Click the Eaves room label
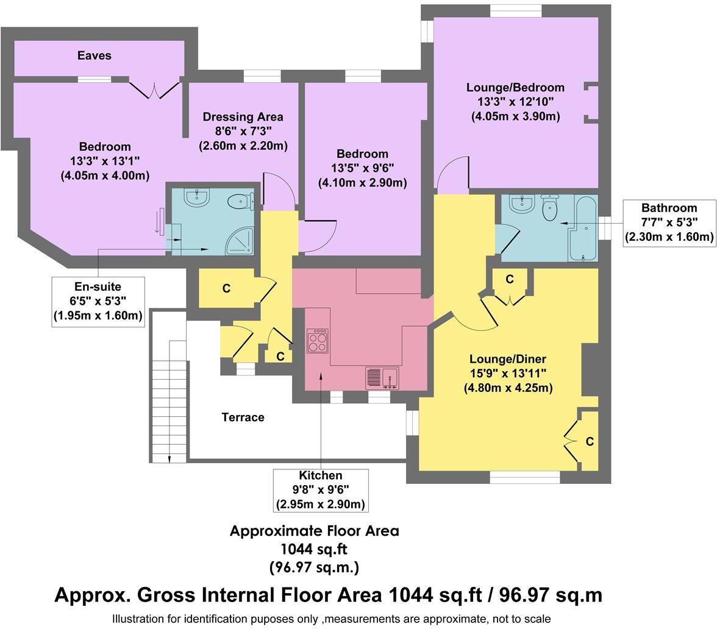click(95, 55)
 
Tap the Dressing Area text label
click(243, 116)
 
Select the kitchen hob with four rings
click(317, 341)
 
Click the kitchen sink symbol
click(382, 378)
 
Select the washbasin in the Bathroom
click(521, 204)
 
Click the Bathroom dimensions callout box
click(669, 222)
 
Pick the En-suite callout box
click(98, 301)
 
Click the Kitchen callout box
click(321, 489)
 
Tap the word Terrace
click(243, 417)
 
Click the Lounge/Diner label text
click(507, 358)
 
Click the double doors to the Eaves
click(155, 90)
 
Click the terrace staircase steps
click(169, 402)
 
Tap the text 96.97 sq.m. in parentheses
click(314, 567)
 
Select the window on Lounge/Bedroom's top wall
click(516, 10)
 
